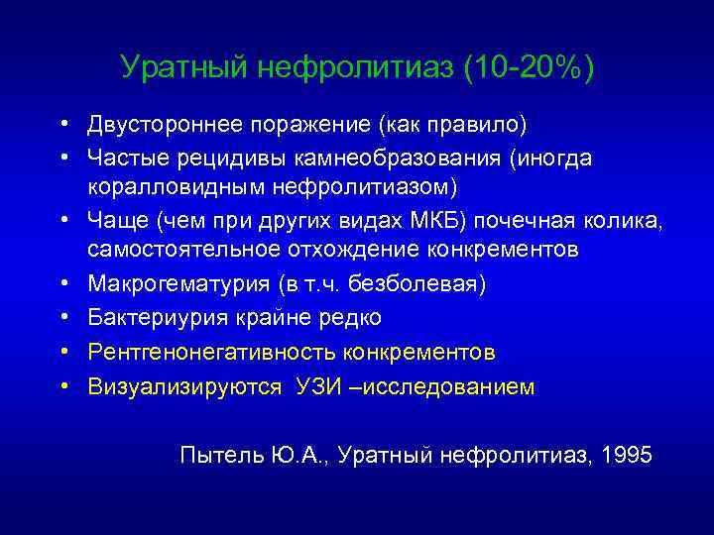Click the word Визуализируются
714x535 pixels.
click(184, 385)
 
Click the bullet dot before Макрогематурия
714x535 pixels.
click(62, 285)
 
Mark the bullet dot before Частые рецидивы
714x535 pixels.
click(62, 159)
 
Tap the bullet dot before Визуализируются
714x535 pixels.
click(62, 386)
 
